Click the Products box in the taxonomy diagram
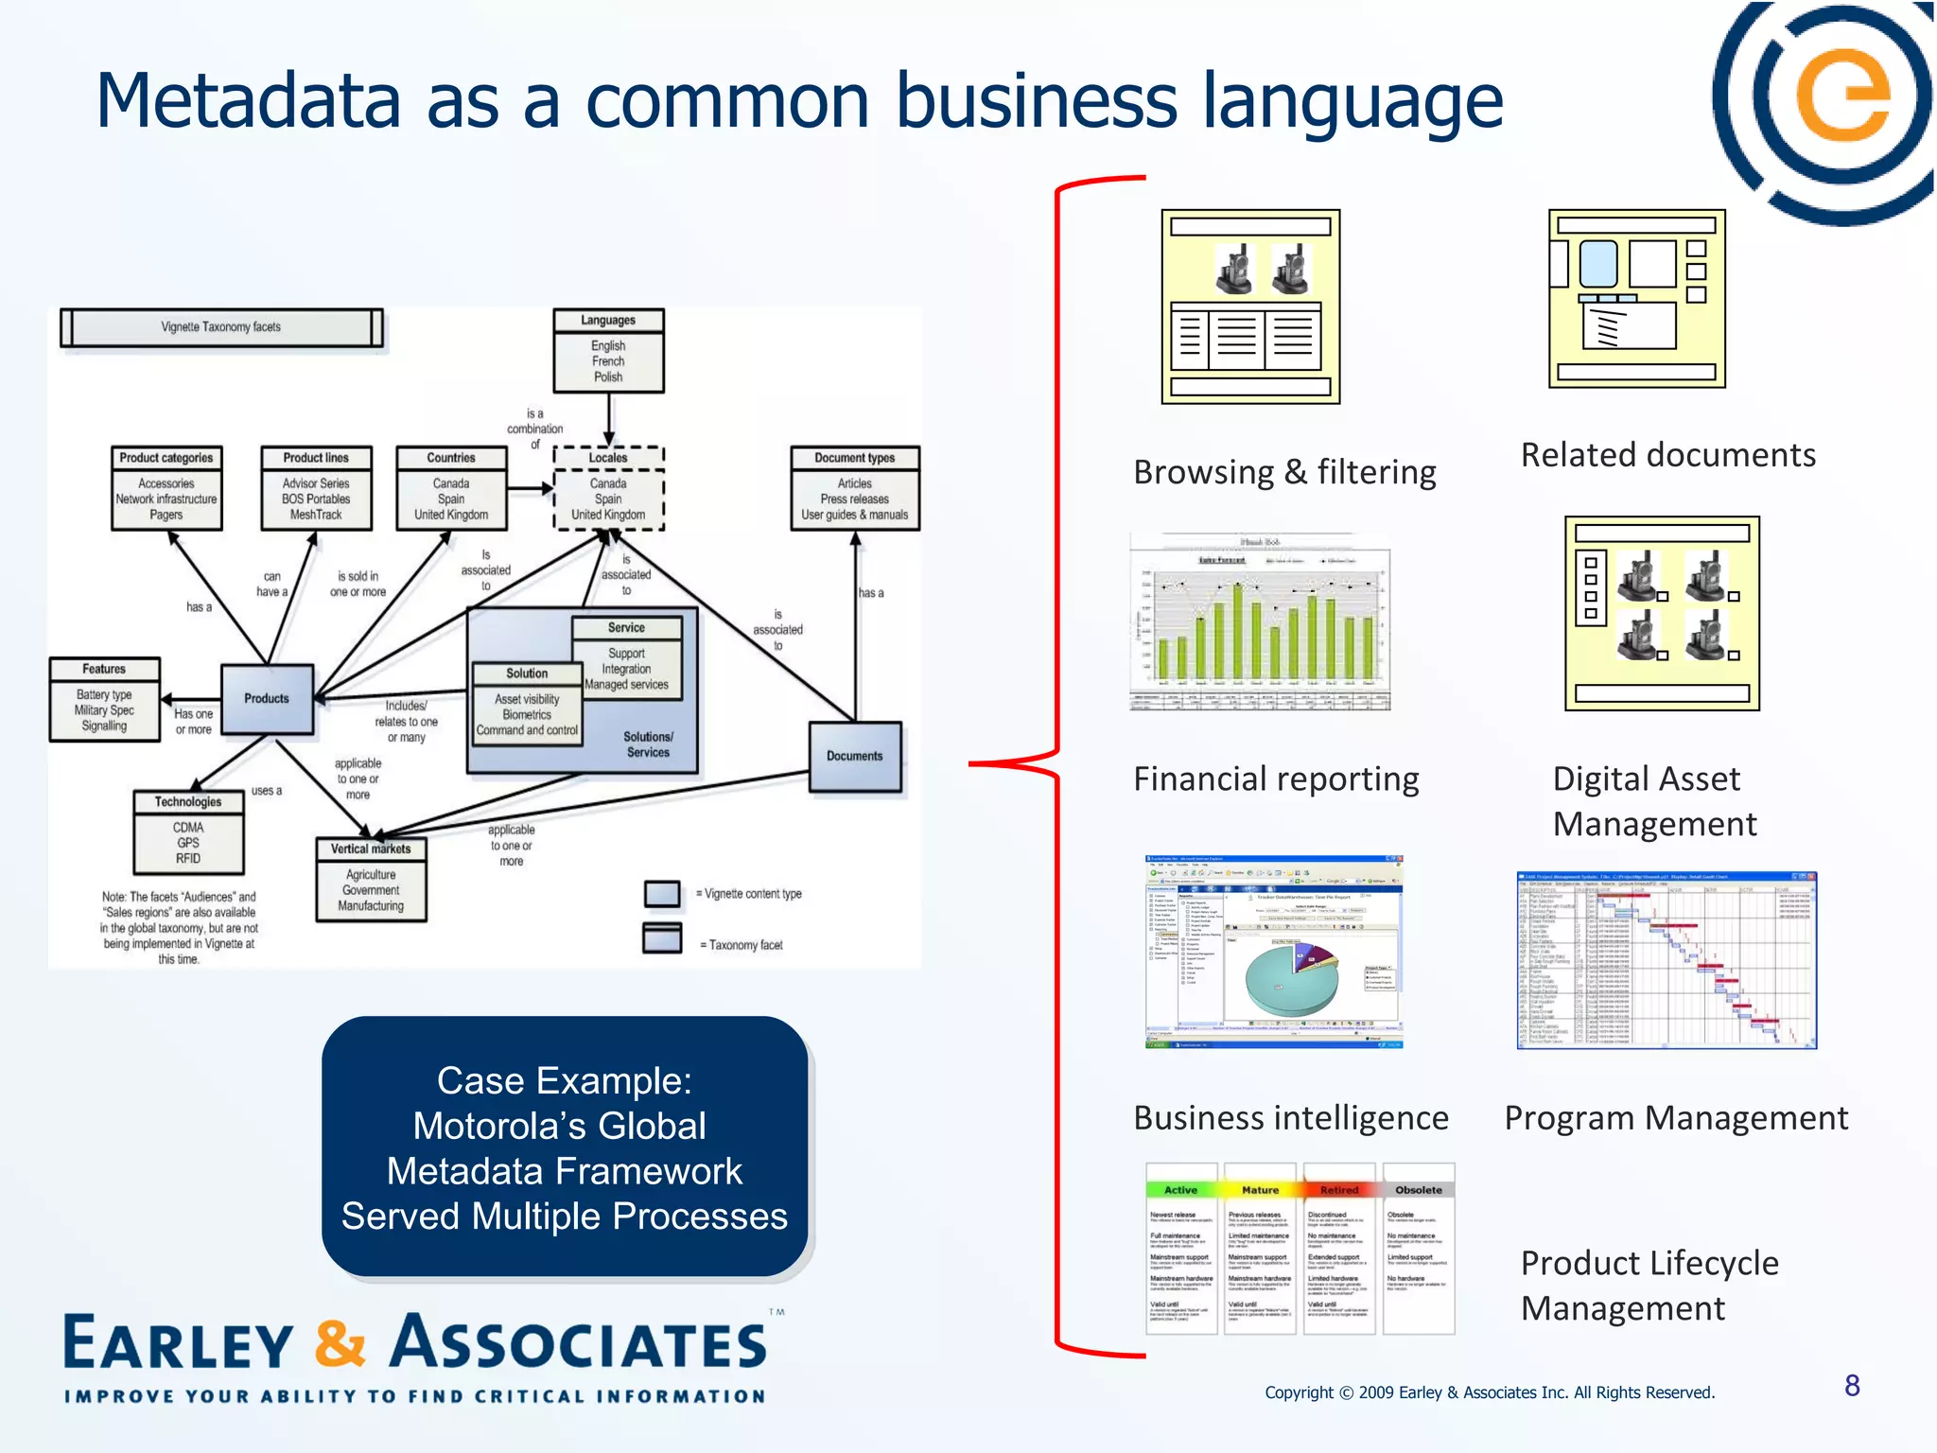pyautogui.click(x=267, y=699)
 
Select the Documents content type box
pyautogui.click(x=855, y=756)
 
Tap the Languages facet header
pyautogui.click(x=608, y=321)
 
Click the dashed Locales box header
pyautogui.click(x=608, y=458)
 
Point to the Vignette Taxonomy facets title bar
pyautogui.click(x=221, y=327)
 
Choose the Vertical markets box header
pyautogui.click(x=371, y=849)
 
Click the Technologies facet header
pyautogui.click(x=188, y=801)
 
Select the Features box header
pyautogui.click(x=104, y=669)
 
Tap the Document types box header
pyautogui.click(x=855, y=458)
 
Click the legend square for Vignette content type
pyautogui.click(x=662, y=893)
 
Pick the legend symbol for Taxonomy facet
pyautogui.click(x=662, y=937)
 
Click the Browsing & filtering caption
pyautogui.click(x=1284, y=471)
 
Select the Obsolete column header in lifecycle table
pyautogui.click(x=1419, y=1190)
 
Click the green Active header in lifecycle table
pyautogui.click(x=1180, y=1190)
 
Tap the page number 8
pyautogui.click(x=1852, y=1386)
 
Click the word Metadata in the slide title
pyautogui.click(x=248, y=101)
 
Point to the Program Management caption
pyautogui.click(x=1676, y=1118)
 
